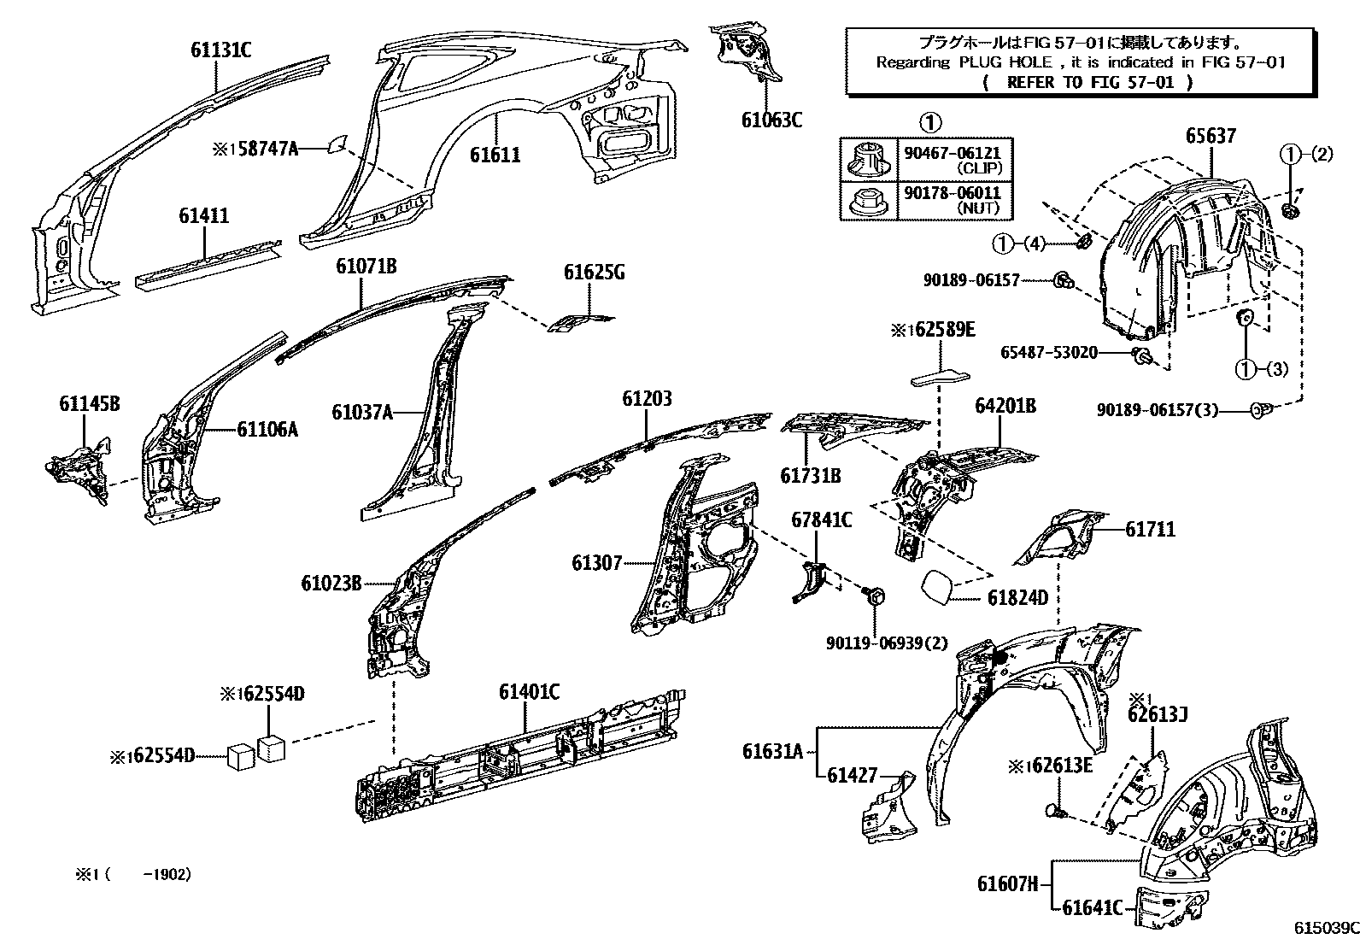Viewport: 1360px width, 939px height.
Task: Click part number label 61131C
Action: pos(220,50)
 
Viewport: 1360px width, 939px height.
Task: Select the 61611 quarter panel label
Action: pos(495,155)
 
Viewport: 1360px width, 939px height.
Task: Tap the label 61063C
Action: pos(771,120)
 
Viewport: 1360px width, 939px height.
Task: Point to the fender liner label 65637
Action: pos(1211,136)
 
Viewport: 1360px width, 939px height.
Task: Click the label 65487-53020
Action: pos(1049,353)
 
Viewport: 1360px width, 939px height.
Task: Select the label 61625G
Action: pos(594,273)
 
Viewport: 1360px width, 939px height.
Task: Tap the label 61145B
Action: pos(89,403)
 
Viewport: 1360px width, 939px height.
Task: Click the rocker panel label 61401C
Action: pos(529,692)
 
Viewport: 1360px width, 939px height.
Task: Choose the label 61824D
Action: pos(1017,598)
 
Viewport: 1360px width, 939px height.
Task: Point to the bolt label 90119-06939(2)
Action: pos(887,643)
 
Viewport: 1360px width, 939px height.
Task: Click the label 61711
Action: pos(1150,529)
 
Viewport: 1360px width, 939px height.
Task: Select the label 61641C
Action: pos(1092,908)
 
